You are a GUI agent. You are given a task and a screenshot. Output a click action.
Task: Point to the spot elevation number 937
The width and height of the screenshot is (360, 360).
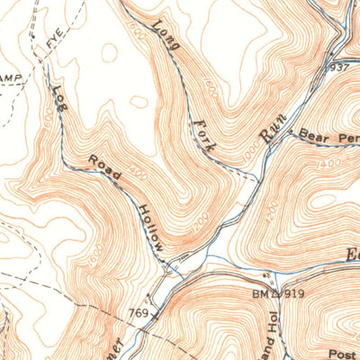pyautogui.click(x=338, y=67)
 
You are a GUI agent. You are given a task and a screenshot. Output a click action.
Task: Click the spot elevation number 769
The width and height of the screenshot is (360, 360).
pyautogui.click(x=138, y=313)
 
